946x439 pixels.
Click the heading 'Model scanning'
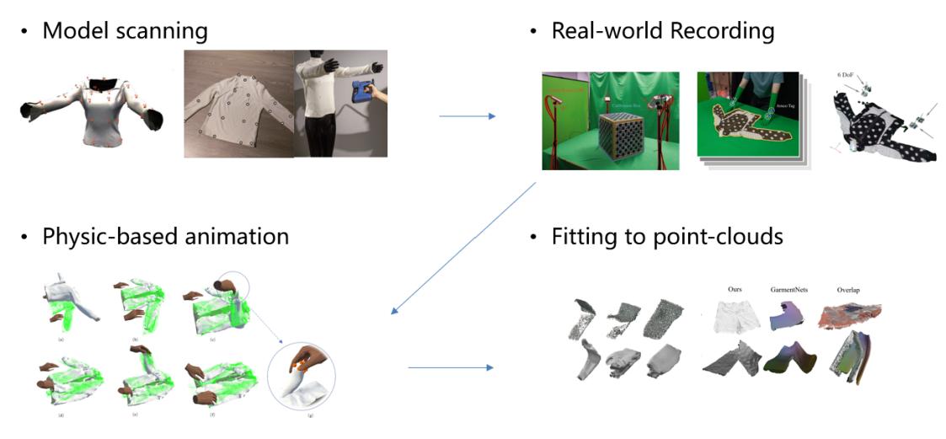point(124,32)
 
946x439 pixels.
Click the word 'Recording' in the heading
point(722,32)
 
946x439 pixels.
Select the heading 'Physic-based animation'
point(165,236)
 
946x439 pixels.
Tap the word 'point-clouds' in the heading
point(719,237)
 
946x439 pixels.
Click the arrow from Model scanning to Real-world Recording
point(468,115)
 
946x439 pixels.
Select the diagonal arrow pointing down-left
point(463,249)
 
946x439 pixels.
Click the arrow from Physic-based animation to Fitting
point(451,368)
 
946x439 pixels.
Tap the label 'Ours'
point(740,289)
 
